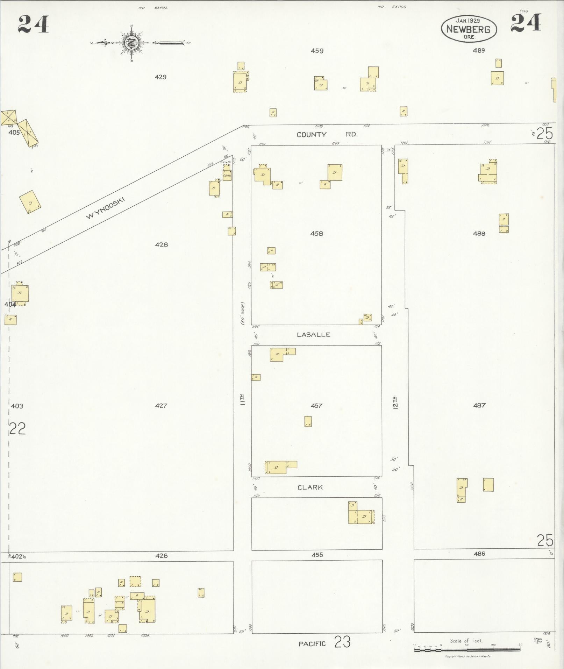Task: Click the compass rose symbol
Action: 133,43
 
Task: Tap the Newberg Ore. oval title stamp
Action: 468,29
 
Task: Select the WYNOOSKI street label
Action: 105,209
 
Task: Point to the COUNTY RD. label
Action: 327,135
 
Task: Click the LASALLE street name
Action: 314,335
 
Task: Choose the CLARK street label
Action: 310,487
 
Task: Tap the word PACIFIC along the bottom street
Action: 312,644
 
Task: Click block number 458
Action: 316,234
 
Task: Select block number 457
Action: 316,406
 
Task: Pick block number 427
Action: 161,406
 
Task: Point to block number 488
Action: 479,234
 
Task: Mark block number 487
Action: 479,405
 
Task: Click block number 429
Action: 160,77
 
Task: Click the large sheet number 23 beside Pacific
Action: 342,642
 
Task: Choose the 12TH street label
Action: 396,402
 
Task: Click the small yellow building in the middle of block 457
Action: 308,421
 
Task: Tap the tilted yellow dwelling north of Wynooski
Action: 30,202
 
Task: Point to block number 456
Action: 317,555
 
